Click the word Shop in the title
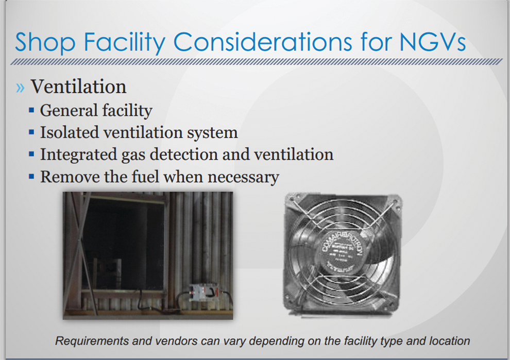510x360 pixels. (x=45, y=42)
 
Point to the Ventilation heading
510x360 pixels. (x=78, y=87)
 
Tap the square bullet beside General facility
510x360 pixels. (x=32, y=110)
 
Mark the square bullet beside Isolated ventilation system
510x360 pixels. (x=32, y=132)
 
